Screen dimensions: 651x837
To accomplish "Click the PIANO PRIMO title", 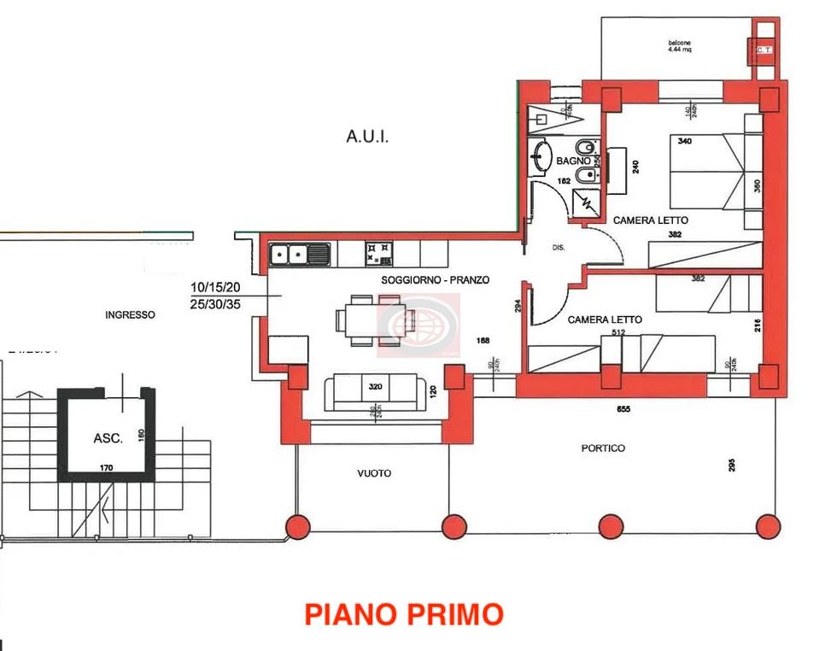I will click(404, 613).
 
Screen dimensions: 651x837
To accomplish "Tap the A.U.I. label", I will click(367, 136).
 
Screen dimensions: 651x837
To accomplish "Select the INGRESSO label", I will click(130, 314).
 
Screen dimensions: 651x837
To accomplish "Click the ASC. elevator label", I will click(108, 438).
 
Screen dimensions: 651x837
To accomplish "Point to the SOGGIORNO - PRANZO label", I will click(435, 279).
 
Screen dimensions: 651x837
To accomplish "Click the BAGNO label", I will click(573, 161).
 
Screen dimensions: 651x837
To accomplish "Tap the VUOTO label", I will click(374, 472).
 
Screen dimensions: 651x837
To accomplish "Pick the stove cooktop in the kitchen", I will click(379, 253).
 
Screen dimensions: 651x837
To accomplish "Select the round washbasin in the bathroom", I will click(541, 156).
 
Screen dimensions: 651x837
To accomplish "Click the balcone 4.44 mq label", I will click(679, 46).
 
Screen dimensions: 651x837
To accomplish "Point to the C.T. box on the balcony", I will click(763, 50).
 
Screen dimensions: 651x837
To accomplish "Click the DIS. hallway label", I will click(559, 249).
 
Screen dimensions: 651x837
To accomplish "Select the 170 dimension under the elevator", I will click(106, 467).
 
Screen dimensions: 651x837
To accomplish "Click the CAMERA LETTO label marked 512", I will click(605, 320).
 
